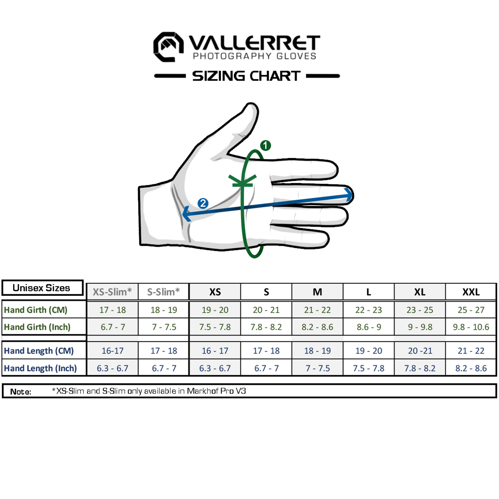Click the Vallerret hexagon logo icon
click(x=168, y=47)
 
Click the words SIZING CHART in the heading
click(x=246, y=76)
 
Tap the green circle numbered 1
click(x=265, y=145)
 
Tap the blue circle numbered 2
click(x=203, y=203)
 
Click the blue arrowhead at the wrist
click(x=186, y=214)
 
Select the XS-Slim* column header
click(x=112, y=292)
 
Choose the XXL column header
click(x=471, y=292)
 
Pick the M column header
click(x=317, y=292)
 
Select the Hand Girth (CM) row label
click(x=36, y=310)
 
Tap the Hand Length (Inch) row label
click(x=40, y=368)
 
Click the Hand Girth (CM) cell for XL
click(x=420, y=310)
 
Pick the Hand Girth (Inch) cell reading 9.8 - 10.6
click(x=471, y=327)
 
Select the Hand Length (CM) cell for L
click(x=369, y=351)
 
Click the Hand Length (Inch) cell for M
click(x=317, y=368)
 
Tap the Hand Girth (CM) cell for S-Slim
click(x=164, y=310)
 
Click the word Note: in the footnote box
click(x=21, y=392)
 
